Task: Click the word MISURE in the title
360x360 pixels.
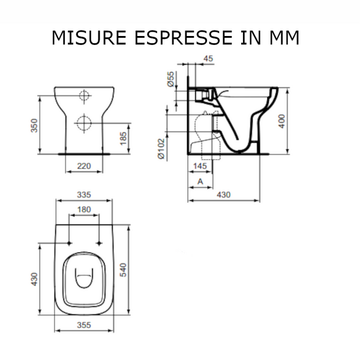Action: coord(89,37)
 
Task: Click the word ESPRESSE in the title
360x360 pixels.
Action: coord(184,37)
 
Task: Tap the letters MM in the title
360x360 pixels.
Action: coord(284,37)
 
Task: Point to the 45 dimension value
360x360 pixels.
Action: coord(208,58)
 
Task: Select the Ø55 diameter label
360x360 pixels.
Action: coord(171,79)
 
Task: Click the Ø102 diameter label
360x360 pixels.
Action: coord(161,149)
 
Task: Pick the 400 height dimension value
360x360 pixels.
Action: coord(281,121)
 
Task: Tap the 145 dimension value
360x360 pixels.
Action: coord(200,166)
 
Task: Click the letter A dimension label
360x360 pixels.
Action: coord(200,181)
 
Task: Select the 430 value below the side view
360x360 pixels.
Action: coord(224,194)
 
